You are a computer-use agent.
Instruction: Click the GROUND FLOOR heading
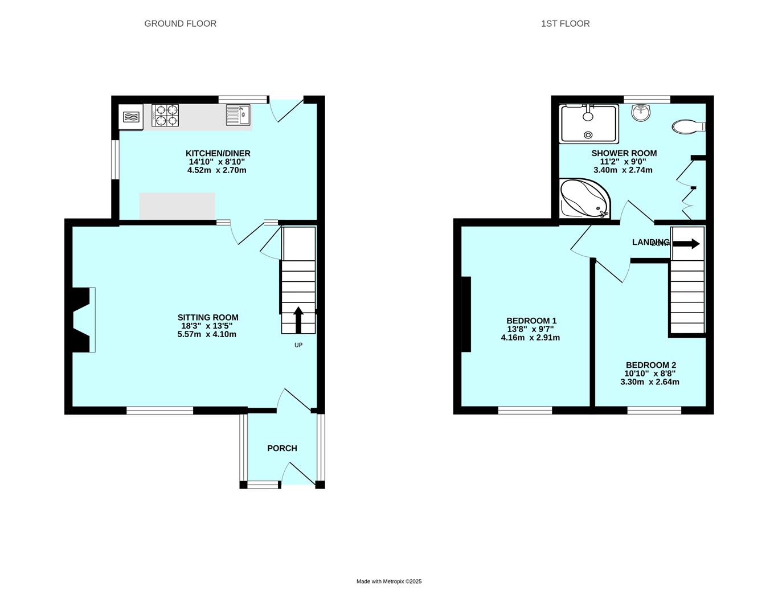pyautogui.click(x=180, y=23)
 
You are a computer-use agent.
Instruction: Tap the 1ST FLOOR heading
pyautogui.click(x=565, y=23)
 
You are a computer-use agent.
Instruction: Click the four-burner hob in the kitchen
pyautogui.click(x=165, y=115)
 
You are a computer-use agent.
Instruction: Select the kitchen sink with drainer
pyautogui.click(x=238, y=115)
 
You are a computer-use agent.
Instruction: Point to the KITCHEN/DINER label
pyautogui.click(x=218, y=153)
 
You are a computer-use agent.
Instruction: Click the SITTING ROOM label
pyautogui.click(x=208, y=317)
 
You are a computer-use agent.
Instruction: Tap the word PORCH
pyautogui.click(x=282, y=448)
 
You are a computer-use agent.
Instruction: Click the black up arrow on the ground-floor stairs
pyautogui.click(x=298, y=320)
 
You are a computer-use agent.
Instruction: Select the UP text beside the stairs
pyautogui.click(x=298, y=345)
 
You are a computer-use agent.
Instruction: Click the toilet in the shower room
pyautogui.click(x=689, y=127)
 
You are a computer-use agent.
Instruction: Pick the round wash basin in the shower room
pyautogui.click(x=641, y=112)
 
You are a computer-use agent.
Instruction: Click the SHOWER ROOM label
pyautogui.click(x=624, y=153)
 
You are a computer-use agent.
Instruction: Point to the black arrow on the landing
pyautogui.click(x=686, y=244)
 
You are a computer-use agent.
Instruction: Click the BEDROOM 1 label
pyautogui.click(x=531, y=321)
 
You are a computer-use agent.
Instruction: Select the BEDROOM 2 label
pyautogui.click(x=651, y=365)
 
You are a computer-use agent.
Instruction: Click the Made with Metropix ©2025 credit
pyautogui.click(x=389, y=581)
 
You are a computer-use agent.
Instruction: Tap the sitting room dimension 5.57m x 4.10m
pyautogui.click(x=207, y=334)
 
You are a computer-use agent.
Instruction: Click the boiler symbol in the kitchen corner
pyautogui.click(x=131, y=117)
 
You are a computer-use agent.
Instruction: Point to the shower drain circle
pyautogui.click(x=588, y=135)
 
